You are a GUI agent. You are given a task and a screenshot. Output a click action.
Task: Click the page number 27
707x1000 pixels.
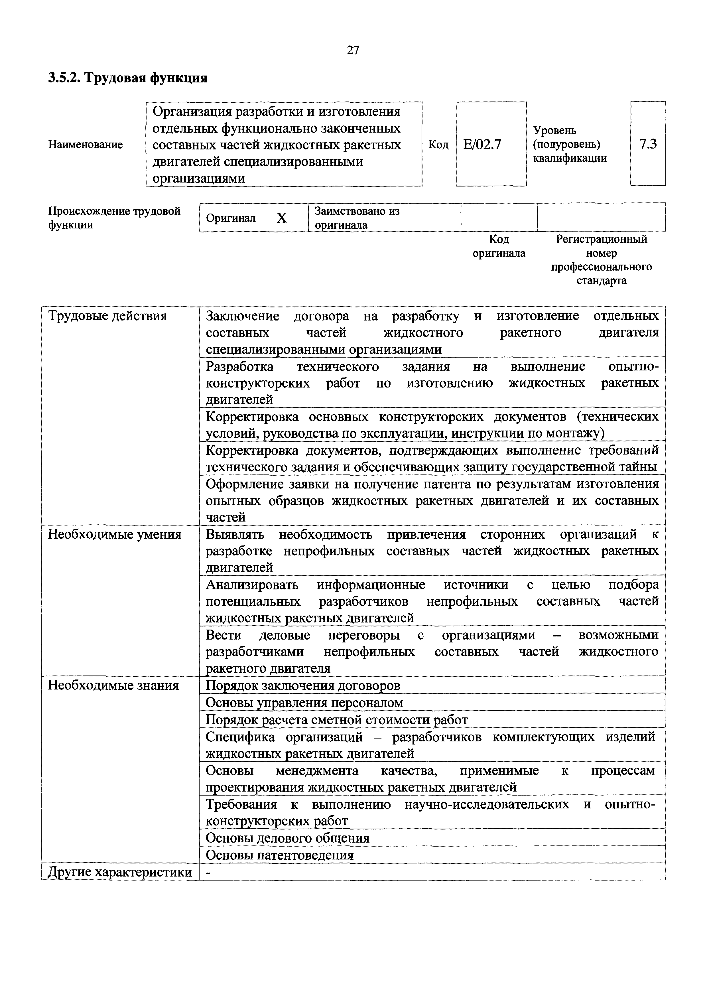pyautogui.click(x=353, y=50)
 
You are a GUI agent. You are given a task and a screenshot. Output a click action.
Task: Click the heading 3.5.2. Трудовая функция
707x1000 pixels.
pyautogui.click(x=127, y=78)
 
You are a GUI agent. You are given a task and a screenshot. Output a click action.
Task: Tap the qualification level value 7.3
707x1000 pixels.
pyautogui.click(x=647, y=144)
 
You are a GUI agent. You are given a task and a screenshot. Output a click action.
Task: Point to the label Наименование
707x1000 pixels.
pyautogui.click(x=85, y=145)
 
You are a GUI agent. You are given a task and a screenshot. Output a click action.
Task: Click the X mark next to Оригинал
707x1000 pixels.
pyautogui.click(x=282, y=218)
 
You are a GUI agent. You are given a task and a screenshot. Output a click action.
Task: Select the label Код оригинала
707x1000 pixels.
pyautogui.click(x=499, y=246)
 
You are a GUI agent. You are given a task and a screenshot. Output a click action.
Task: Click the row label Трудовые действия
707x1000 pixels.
pyautogui.click(x=107, y=316)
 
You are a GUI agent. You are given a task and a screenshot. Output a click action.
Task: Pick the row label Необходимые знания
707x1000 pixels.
pyautogui.click(x=113, y=685)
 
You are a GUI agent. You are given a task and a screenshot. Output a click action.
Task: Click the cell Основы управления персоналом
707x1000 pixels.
pyautogui.click(x=304, y=703)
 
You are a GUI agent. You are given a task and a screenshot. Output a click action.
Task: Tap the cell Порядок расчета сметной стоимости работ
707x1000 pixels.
pyautogui.click(x=336, y=720)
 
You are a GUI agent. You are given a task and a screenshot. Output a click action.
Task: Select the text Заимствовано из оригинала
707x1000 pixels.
pyautogui.click(x=357, y=218)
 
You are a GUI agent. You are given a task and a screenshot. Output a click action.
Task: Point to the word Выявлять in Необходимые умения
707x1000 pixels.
pyautogui.click(x=235, y=534)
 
